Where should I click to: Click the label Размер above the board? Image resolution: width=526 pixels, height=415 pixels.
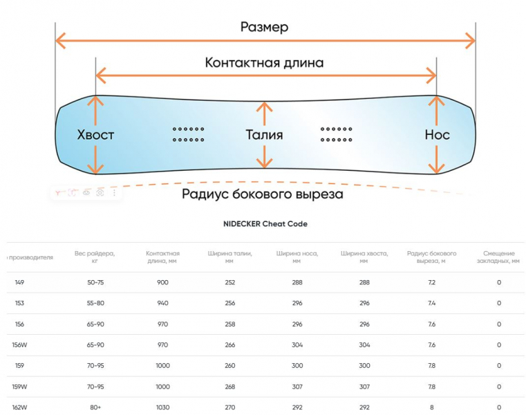(264, 27)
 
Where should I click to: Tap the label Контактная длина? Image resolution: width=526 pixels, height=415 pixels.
(264, 62)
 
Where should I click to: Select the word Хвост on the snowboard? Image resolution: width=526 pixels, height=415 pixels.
(95, 135)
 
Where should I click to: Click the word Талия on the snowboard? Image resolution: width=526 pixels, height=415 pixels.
(264, 135)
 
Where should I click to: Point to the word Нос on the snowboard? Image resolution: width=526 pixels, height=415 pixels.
(437, 135)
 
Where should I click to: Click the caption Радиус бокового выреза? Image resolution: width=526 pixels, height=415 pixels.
(262, 194)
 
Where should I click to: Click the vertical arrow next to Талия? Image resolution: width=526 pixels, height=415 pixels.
(263, 135)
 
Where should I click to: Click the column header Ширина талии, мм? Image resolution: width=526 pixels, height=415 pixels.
(230, 257)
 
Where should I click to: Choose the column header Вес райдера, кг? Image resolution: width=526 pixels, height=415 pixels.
(95, 257)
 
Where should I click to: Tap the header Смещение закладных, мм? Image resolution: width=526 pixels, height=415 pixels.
(498, 257)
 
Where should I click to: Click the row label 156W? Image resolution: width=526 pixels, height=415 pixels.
(19, 344)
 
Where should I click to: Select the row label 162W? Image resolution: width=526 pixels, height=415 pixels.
(19, 407)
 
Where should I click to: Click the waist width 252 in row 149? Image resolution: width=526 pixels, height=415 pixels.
(230, 282)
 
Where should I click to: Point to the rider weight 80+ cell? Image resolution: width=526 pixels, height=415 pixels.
(95, 407)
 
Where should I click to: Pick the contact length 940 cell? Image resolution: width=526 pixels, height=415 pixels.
(162, 303)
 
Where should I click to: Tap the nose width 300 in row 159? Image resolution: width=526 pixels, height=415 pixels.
(296, 365)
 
